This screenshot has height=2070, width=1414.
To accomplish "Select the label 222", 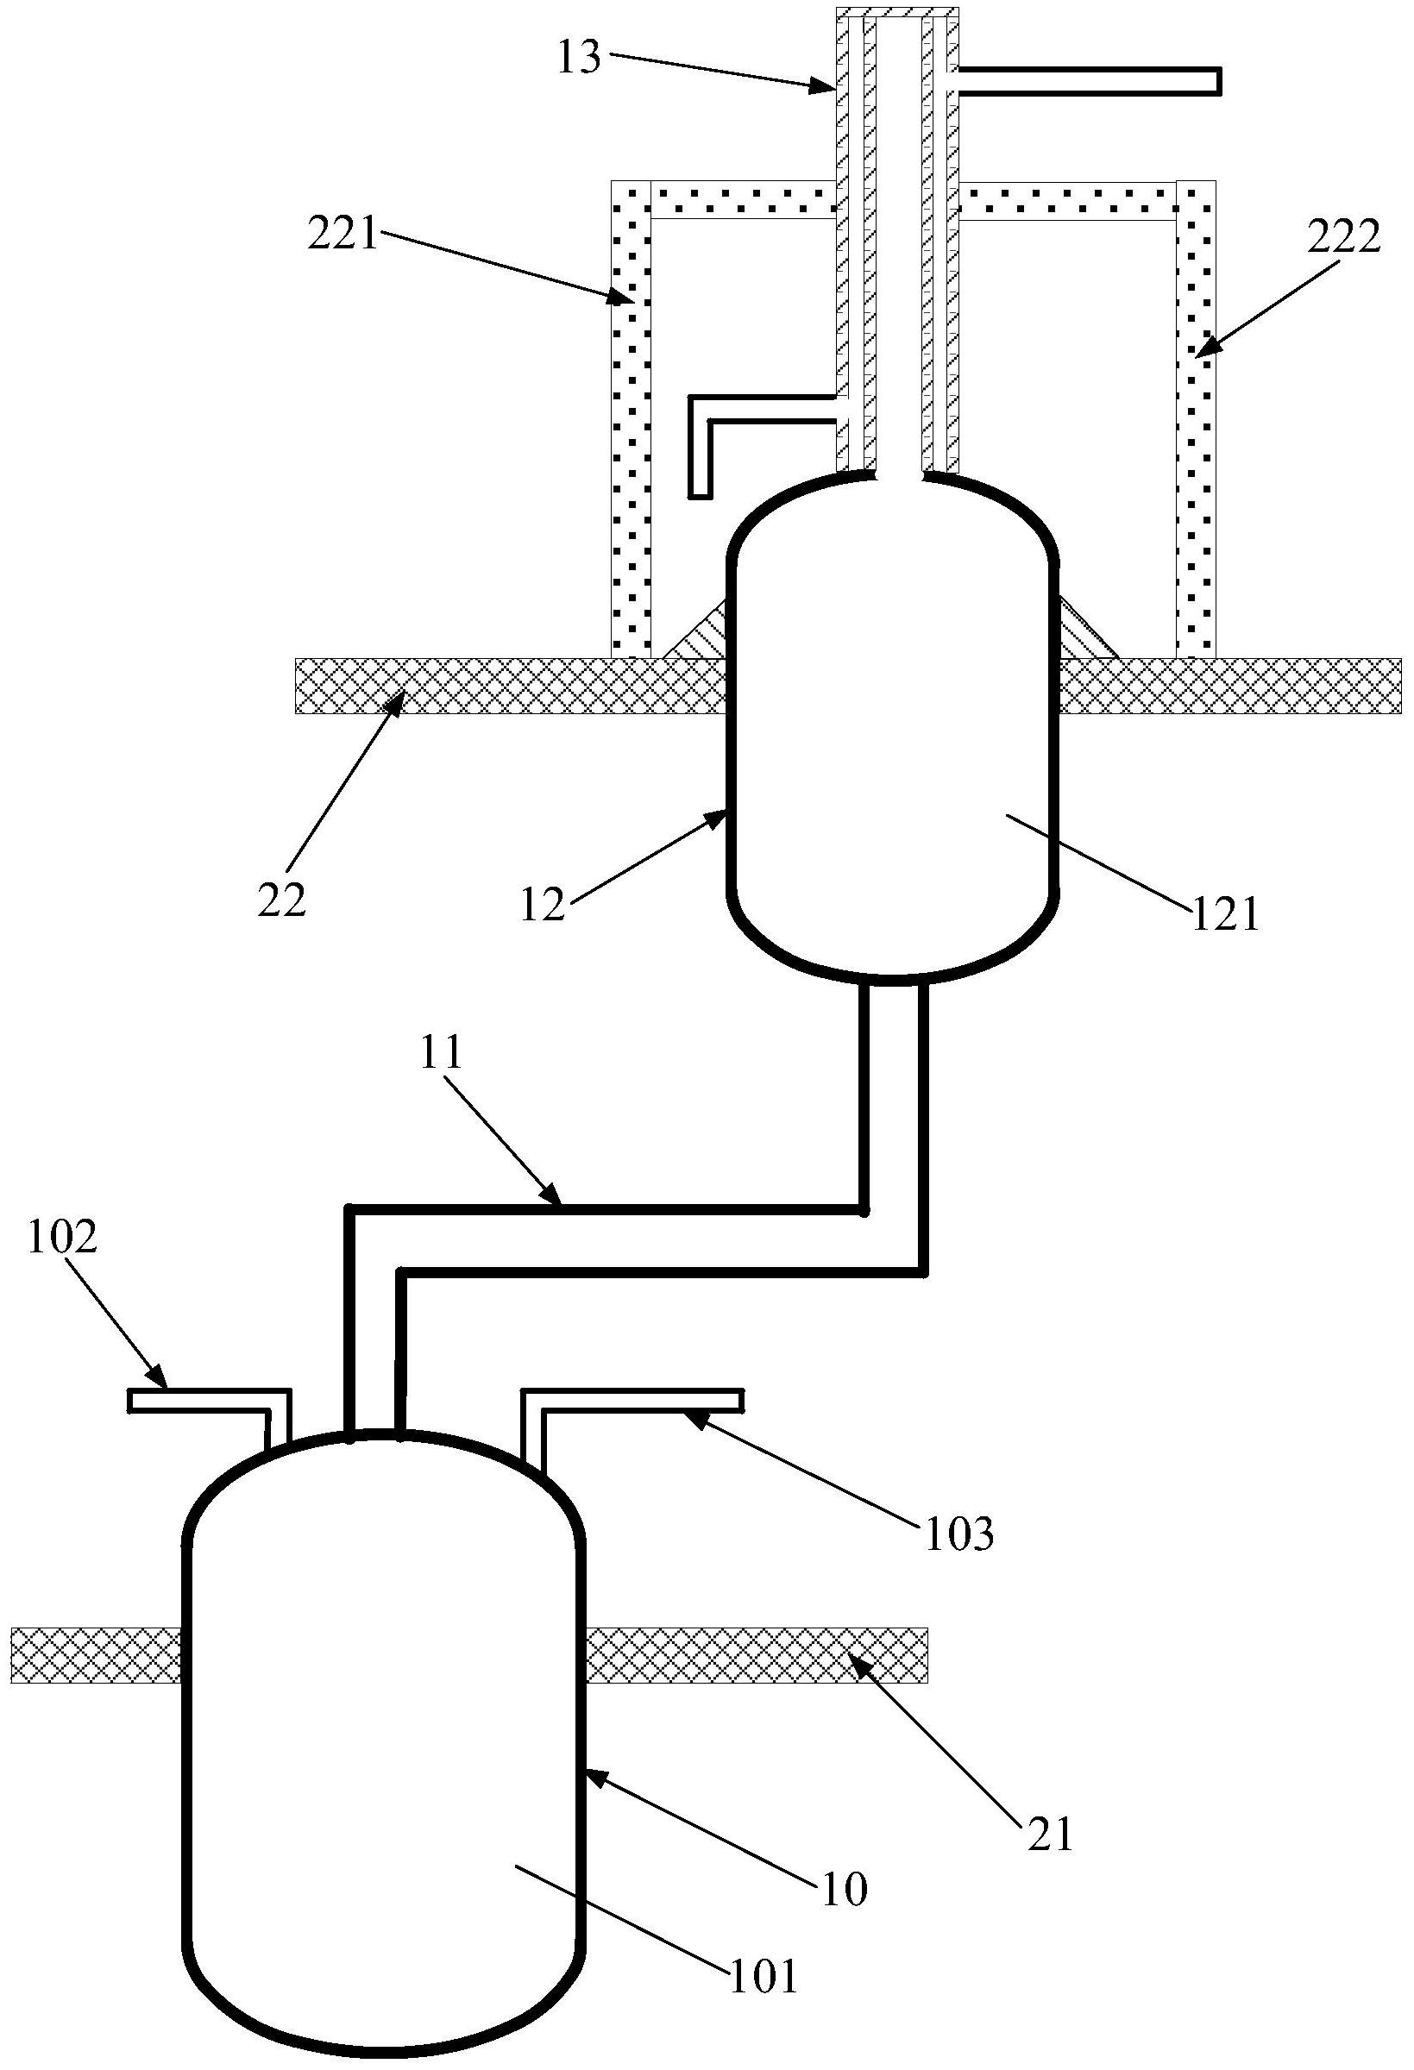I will (1342, 237).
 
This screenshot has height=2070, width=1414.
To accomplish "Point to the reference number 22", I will (282, 900).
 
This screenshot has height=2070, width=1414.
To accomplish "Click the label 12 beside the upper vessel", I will (544, 905).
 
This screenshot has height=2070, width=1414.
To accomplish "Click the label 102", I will (62, 1239).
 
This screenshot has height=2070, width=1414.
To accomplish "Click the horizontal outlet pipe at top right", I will (1087, 81).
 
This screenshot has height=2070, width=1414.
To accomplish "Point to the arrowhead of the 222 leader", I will (1198, 355).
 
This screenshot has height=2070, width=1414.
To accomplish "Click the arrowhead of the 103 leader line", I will (688, 1416).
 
